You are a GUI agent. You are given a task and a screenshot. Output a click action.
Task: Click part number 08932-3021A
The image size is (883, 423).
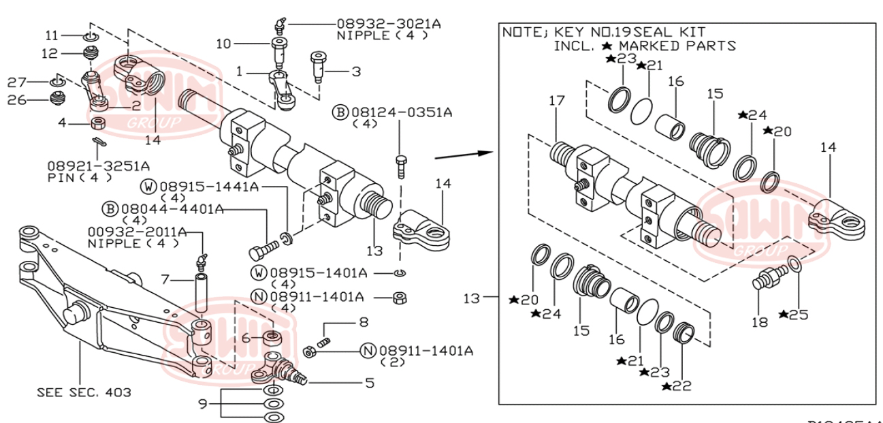388,23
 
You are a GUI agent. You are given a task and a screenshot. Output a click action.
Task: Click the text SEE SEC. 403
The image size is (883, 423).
84,392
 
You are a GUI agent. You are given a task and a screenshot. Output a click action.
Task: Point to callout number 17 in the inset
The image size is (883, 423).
557,101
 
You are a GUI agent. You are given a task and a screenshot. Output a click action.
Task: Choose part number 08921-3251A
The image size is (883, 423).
99,166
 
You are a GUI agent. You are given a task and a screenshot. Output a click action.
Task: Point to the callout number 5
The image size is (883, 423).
369,383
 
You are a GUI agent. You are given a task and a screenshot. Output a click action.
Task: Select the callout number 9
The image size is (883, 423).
202,403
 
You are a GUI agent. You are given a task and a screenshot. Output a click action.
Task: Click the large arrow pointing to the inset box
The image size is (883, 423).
463,153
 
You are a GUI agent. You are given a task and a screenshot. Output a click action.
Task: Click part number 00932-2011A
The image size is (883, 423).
137,232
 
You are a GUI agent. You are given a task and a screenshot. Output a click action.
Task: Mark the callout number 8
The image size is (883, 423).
364,321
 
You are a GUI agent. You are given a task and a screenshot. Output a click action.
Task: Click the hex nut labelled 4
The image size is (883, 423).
97,123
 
